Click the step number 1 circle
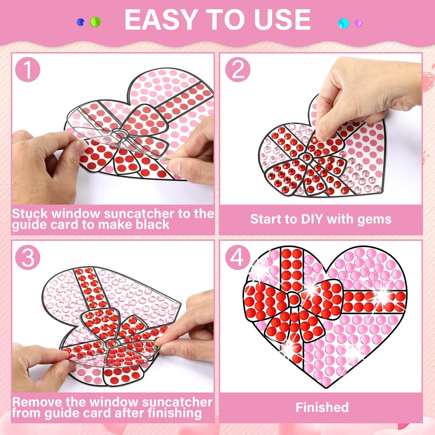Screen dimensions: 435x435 (x=27, y=70)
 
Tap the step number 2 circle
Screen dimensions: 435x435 (x=238, y=70)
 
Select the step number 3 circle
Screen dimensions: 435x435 (x=27, y=258)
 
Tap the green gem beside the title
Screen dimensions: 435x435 (x=95, y=22)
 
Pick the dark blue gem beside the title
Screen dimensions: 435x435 (x=81, y=22)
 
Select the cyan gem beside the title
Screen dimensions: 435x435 (x=343, y=23)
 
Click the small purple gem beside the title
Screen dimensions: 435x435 (x=358, y=23)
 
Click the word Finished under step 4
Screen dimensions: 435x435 (x=322, y=407)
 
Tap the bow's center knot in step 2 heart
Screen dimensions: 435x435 (x=306, y=157)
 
